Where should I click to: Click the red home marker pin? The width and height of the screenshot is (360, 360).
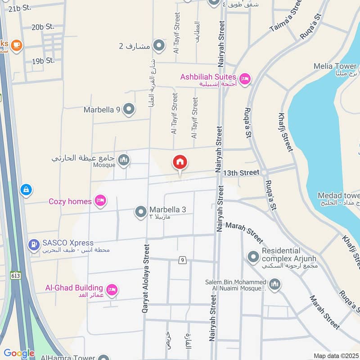pos(180,163)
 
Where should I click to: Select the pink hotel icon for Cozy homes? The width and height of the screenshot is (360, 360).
pos(100,201)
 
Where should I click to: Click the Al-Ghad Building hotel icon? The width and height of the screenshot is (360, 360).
pos(112,290)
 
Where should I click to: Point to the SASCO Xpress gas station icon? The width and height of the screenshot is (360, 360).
pos(33,245)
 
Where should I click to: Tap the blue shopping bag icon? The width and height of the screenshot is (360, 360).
pos(26,190)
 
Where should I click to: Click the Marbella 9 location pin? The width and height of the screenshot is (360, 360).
pos(129,109)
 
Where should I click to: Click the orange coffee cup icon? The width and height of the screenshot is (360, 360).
pos(17,45)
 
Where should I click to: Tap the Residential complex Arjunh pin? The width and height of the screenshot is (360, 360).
pos(253,257)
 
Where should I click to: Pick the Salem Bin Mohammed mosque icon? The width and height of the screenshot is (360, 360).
pos(275,284)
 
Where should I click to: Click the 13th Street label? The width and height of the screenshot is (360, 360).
pos(241,173)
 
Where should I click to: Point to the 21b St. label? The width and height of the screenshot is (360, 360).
pos(19,8)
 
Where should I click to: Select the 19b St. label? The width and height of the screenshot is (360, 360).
pos(43,60)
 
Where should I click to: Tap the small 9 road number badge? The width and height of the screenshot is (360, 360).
pos(182,260)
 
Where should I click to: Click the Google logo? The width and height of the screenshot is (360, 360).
pos(19,353)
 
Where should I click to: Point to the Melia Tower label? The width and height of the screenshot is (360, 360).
pos(335,67)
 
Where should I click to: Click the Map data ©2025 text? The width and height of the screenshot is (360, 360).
pos(336,356)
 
